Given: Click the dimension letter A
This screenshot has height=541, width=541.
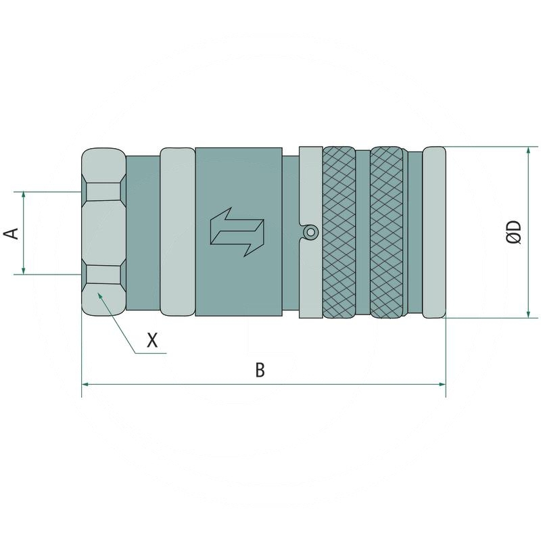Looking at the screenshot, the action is click(x=11, y=233).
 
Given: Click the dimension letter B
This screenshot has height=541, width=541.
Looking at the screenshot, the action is click(x=260, y=369).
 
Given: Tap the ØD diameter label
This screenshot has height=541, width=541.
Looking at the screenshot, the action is click(x=514, y=232).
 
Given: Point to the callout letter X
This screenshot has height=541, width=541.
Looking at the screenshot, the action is click(x=152, y=340).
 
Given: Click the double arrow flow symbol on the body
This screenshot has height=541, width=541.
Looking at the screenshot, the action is click(x=237, y=232).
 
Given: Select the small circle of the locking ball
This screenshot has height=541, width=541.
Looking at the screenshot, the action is click(x=310, y=232).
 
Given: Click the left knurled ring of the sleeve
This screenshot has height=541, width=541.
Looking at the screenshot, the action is click(x=339, y=232).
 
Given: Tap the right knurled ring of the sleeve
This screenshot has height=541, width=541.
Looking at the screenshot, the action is click(x=386, y=232).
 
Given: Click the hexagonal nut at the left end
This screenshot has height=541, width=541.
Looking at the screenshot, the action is click(x=103, y=232).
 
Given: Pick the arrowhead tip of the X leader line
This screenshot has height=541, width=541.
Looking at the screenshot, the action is click(x=98, y=293).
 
